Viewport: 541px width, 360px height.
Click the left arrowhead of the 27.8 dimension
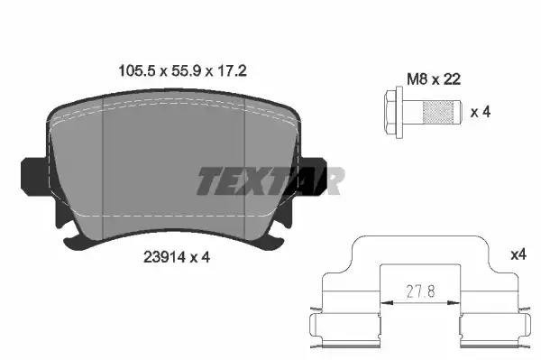pos(385,301)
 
